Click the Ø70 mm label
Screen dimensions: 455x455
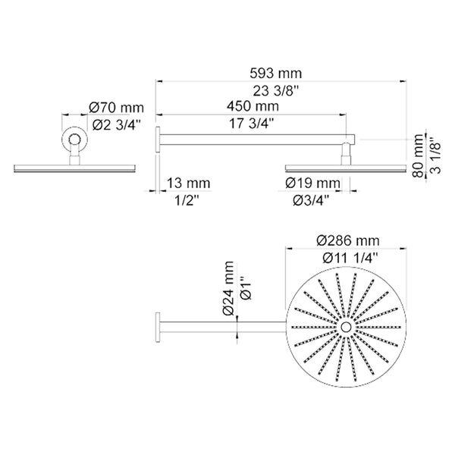tap(116, 109)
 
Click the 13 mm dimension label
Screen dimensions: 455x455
tap(190, 184)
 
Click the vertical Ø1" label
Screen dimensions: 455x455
tap(244, 290)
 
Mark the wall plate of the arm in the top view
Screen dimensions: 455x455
tap(158, 326)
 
